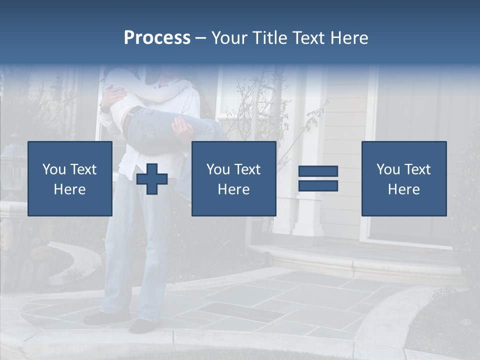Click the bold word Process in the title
click(x=157, y=38)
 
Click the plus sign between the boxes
click(x=152, y=179)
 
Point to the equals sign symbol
click(x=318, y=178)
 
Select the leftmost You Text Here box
click(x=69, y=178)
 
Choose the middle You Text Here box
click(x=233, y=178)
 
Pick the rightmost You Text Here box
click(x=403, y=178)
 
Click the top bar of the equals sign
click(x=318, y=171)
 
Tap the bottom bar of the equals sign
click(x=318, y=185)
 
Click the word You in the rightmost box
click(x=387, y=169)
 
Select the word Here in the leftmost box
click(x=69, y=189)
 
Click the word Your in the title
click(x=228, y=38)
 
